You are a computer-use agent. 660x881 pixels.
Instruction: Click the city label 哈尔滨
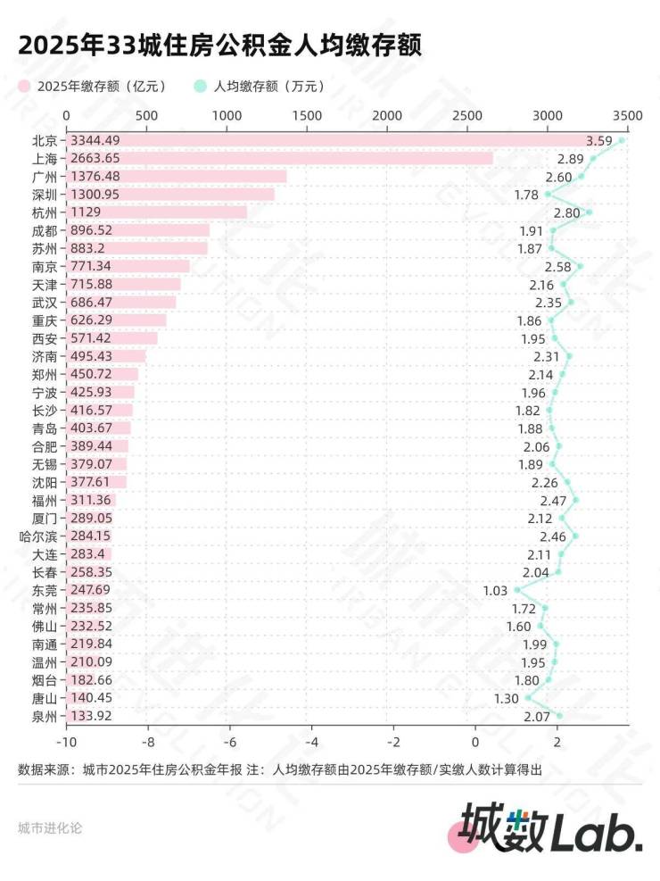point(37,536)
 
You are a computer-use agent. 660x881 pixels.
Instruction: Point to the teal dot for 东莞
point(517,590)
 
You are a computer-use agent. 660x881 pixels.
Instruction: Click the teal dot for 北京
point(622,140)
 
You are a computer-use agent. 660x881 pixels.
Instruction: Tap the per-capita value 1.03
point(495,590)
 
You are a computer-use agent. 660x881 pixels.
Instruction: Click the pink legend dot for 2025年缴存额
point(24,87)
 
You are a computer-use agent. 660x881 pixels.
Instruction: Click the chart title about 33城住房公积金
point(219,45)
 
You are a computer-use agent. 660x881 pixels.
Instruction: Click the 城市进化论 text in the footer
point(50,827)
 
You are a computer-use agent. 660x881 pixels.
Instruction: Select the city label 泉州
point(44,716)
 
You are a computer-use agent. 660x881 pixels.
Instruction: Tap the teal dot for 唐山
point(528,698)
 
